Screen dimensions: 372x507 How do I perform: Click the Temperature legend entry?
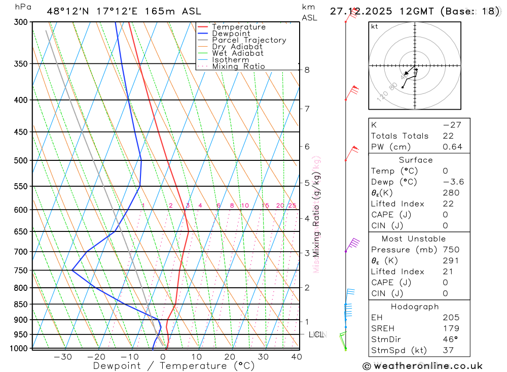[238, 27]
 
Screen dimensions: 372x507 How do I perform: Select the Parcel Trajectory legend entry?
[249, 40]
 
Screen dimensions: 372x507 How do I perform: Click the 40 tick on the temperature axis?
[296, 357]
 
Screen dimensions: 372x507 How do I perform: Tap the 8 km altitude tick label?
[307, 70]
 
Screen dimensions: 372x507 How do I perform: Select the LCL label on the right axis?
[317, 334]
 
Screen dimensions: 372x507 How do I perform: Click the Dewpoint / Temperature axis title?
[174, 365]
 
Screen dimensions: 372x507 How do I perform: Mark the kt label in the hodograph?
[375, 26]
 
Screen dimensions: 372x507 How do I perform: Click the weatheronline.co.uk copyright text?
[422, 366]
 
